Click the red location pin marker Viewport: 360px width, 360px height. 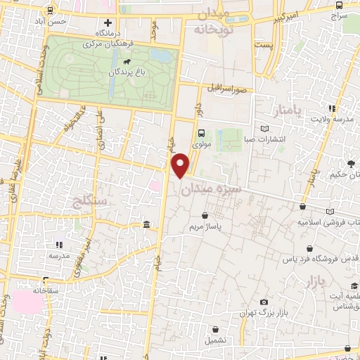pos(181,165)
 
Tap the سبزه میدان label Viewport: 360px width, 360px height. pos(210,189)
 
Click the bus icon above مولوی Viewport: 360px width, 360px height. pos(202,133)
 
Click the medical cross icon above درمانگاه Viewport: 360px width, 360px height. pos(107,22)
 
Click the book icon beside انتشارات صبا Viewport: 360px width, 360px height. pos(264,129)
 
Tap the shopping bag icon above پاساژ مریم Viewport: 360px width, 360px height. pos(205,216)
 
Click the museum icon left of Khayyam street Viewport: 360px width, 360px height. pos(146,224)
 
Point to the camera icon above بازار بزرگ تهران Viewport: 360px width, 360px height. pos(264,301)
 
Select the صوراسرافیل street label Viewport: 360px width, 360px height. pos(225,89)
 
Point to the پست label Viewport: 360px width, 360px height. pos(264,45)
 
